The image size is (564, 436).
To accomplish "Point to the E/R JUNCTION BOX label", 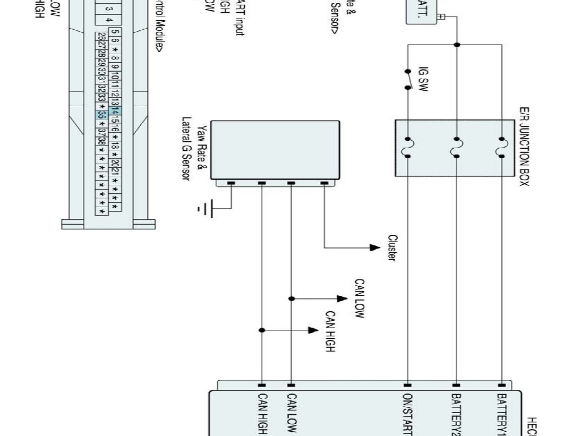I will pyautogui.click(x=524, y=146).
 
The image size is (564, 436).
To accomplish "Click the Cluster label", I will pyautogui.click(x=392, y=248).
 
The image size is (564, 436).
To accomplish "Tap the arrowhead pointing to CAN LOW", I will pyautogui.click(x=342, y=299).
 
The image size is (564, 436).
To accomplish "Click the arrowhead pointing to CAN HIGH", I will pyautogui.click(x=313, y=330).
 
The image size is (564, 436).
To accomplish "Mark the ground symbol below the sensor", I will pyautogui.click(x=206, y=209).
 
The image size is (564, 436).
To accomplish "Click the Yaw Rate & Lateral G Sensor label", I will pyautogui.click(x=194, y=149).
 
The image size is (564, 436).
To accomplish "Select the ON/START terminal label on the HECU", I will pyautogui.click(x=408, y=414).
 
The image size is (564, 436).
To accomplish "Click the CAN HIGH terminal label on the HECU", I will pyautogui.click(x=262, y=414).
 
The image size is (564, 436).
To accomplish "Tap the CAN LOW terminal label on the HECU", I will pyautogui.click(x=291, y=414).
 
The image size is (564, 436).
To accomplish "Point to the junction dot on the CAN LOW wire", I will pyautogui.click(x=291, y=299).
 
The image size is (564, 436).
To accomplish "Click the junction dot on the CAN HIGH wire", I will pyautogui.click(x=262, y=330).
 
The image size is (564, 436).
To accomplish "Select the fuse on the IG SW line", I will pyautogui.click(x=408, y=148).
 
